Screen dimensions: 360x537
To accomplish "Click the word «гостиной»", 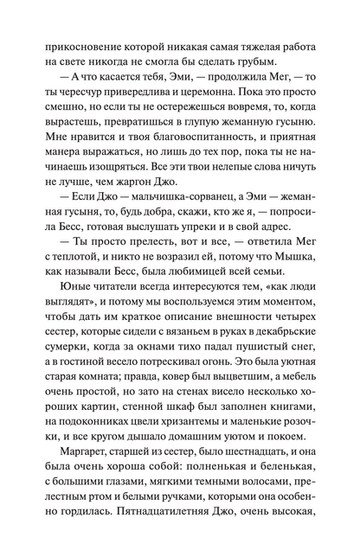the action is click(95, 406).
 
